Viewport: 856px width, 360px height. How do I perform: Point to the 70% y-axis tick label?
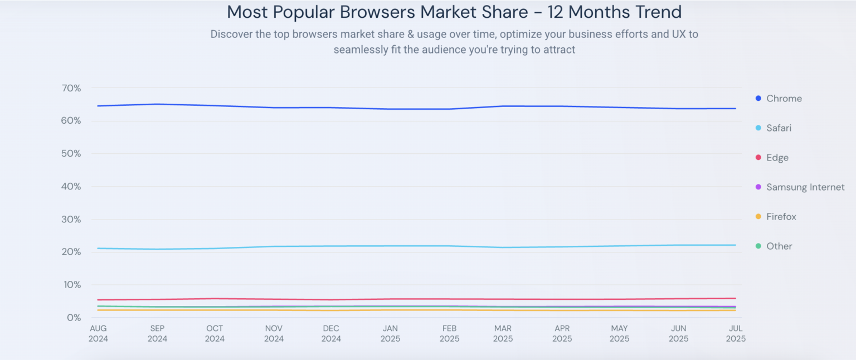71,88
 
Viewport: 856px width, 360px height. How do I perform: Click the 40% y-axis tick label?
71,187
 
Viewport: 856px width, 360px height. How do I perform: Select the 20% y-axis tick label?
71,252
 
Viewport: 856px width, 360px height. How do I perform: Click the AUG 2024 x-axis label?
99,333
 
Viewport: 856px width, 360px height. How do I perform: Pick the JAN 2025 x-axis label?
390,333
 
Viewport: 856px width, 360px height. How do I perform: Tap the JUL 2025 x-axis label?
736,333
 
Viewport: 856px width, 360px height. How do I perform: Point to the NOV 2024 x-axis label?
274,333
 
